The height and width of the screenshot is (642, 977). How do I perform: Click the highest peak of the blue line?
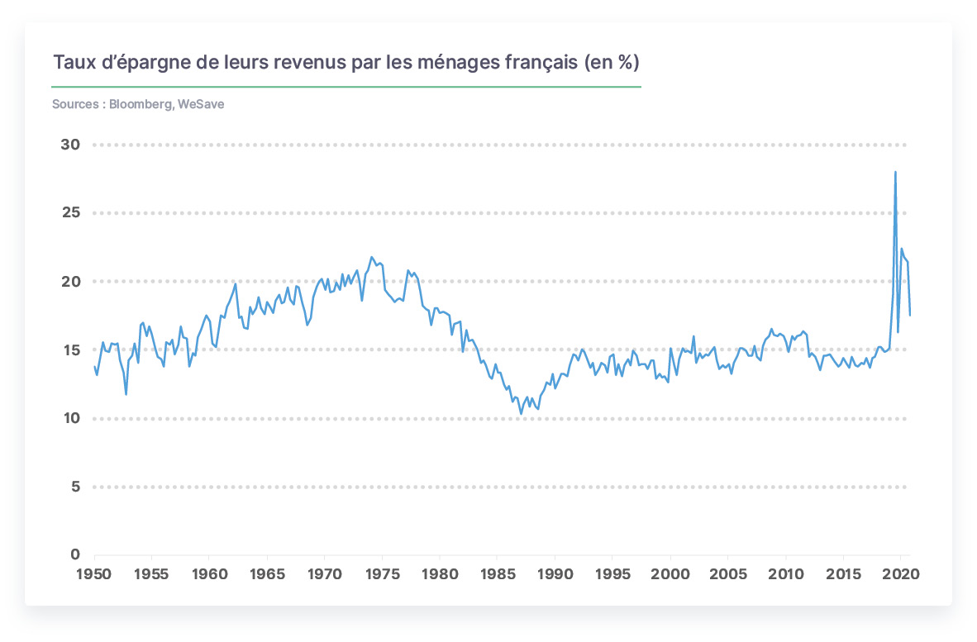tap(895, 172)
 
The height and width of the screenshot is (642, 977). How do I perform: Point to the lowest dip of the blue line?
tap(522, 413)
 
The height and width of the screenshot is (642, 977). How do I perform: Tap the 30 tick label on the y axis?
tap(70, 145)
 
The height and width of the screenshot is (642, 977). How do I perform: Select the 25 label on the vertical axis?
tap(71, 212)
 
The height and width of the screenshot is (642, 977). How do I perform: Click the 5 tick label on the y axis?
tap(76, 487)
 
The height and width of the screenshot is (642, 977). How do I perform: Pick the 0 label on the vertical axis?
tap(75, 554)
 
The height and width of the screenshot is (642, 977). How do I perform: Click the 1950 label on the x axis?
tap(93, 574)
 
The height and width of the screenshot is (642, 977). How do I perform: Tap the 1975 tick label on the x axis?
tap(382, 574)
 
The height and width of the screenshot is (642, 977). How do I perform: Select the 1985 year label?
tap(498, 574)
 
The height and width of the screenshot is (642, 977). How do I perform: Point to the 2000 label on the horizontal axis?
tap(670, 574)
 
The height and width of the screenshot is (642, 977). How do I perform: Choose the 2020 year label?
tap(901, 574)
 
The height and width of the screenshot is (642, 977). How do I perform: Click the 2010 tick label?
tap(786, 574)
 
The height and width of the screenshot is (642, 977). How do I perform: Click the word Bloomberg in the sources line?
tap(141, 105)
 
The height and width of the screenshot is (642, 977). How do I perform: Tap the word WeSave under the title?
tap(201, 104)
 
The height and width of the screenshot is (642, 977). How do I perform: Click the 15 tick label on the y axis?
tap(71, 350)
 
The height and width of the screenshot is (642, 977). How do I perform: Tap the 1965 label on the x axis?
tap(267, 574)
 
